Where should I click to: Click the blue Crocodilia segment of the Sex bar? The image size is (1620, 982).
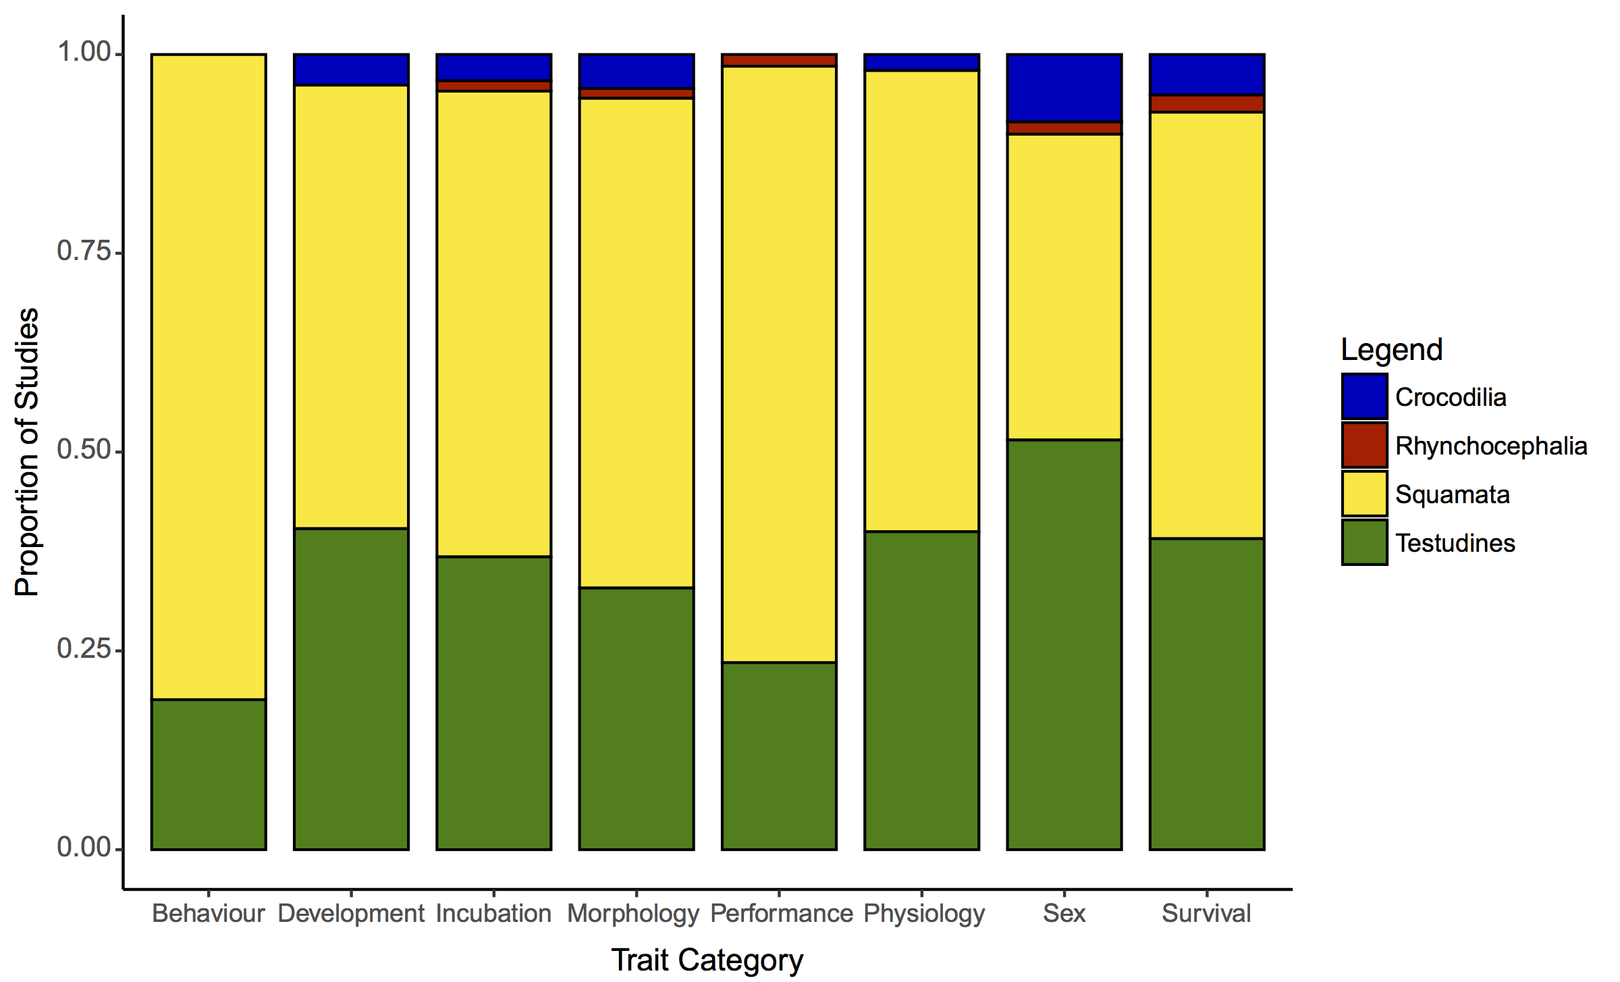coord(1064,88)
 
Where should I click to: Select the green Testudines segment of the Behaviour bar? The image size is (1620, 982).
coord(209,774)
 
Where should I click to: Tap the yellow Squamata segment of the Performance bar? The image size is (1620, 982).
coord(779,364)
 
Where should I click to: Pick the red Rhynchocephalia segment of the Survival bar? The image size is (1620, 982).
coord(1207,103)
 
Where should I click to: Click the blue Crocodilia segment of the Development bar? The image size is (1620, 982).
coord(351,70)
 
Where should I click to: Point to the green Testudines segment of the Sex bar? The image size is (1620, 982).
coord(1064,644)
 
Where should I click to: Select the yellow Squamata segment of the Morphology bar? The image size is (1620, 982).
coord(637,343)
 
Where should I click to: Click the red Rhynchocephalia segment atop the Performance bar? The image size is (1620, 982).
coord(779,60)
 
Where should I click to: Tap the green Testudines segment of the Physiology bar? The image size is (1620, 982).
coord(921,690)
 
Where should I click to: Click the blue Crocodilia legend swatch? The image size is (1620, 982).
coord(1364,396)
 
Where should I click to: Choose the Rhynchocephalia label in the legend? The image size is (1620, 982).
coord(1491,446)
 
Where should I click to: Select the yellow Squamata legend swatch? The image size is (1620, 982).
coord(1364,494)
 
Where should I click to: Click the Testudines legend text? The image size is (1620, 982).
coord(1455,543)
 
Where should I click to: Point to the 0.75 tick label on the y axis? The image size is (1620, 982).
coord(84,251)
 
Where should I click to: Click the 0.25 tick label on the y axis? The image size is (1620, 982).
coord(84,649)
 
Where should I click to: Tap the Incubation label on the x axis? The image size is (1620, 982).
coord(493,913)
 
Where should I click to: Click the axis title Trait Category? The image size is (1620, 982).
coord(707,960)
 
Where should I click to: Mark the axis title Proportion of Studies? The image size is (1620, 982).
coord(27,452)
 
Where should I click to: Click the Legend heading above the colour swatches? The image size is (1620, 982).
coord(1391,350)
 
